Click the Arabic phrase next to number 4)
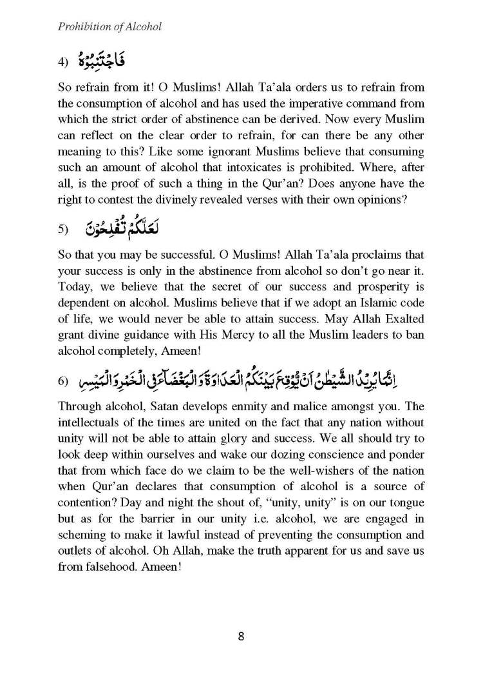pyautogui.click(x=103, y=61)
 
